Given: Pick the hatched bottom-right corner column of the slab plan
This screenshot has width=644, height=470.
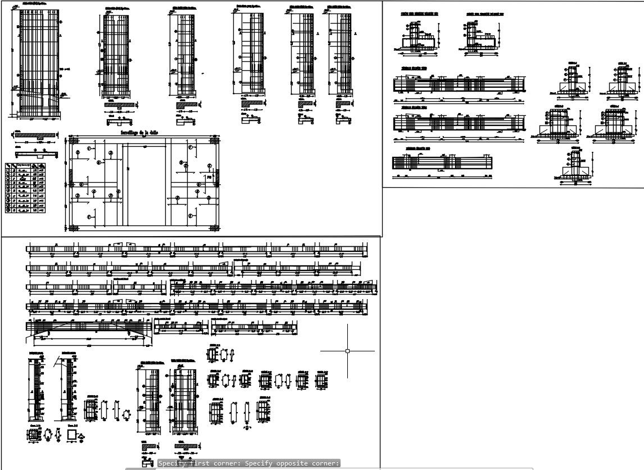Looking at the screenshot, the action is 215,228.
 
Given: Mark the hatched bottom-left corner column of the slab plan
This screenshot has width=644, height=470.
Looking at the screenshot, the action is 73,228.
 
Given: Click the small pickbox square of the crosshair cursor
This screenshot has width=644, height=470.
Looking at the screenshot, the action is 347,351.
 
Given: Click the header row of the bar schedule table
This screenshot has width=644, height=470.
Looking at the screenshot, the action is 26,166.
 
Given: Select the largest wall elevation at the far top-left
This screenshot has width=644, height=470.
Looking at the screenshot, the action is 38,62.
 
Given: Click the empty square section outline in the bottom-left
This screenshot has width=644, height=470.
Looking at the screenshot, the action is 71,435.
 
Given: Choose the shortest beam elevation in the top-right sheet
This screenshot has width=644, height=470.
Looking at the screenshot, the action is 443,163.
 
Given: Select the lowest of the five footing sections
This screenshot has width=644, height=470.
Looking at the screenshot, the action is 574,166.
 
